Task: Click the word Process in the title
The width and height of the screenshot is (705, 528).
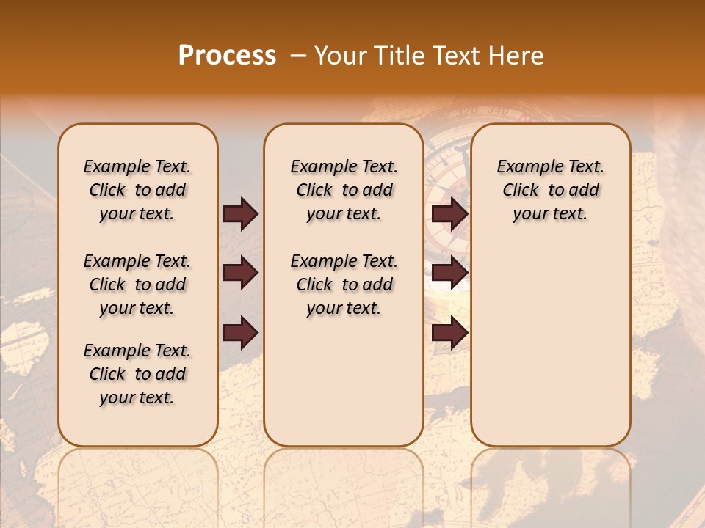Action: point(227,56)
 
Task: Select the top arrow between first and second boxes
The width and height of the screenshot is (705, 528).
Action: point(240,214)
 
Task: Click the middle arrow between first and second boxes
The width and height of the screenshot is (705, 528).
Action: point(240,274)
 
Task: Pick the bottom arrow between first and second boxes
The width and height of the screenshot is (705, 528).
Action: point(240,333)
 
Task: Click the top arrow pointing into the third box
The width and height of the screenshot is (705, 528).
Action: point(449,214)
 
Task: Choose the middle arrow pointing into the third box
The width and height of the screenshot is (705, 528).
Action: point(449,274)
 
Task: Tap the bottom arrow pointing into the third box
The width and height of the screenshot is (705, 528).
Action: point(449,333)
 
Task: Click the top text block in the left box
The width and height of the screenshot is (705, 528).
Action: point(137,191)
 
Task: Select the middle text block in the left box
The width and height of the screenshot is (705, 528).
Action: point(137,285)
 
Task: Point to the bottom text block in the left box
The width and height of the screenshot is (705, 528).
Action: point(137,374)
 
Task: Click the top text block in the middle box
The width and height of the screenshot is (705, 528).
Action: point(344,191)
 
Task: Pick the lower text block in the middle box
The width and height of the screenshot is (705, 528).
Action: point(344,285)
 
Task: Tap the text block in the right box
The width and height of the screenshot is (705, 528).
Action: point(550,191)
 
